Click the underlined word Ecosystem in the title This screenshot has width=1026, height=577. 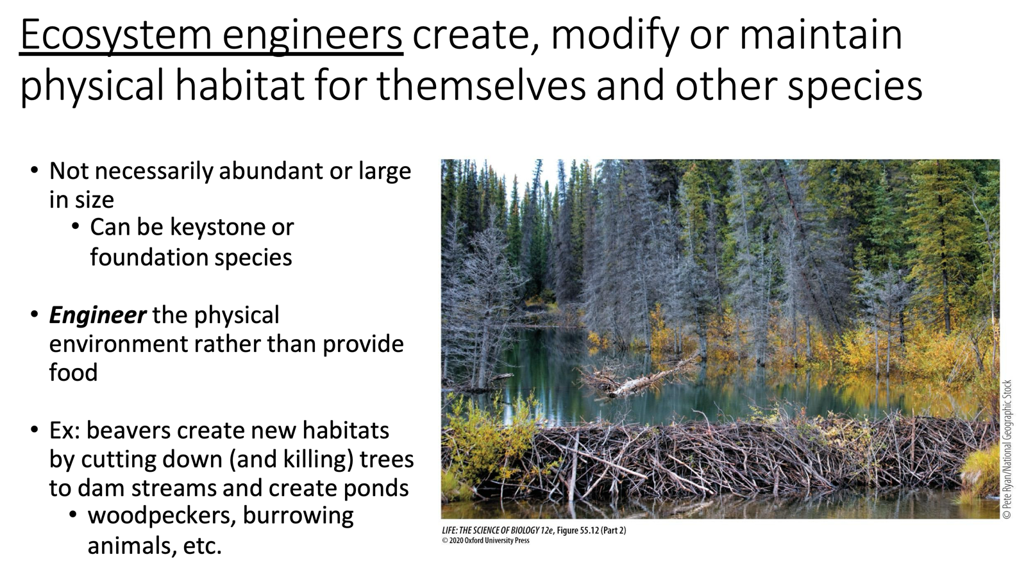pyautogui.click(x=115, y=35)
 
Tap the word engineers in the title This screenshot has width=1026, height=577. pyautogui.click(x=313, y=35)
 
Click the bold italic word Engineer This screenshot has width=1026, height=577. pyautogui.click(x=97, y=315)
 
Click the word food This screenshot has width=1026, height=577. pyautogui.click(x=73, y=372)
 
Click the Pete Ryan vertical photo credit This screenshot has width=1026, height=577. pyautogui.click(x=1007, y=449)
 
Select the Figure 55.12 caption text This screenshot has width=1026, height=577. pyautogui.click(x=534, y=530)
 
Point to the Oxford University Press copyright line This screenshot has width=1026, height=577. pyautogui.click(x=485, y=540)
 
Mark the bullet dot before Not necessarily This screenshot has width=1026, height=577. pyautogui.click(x=35, y=171)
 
